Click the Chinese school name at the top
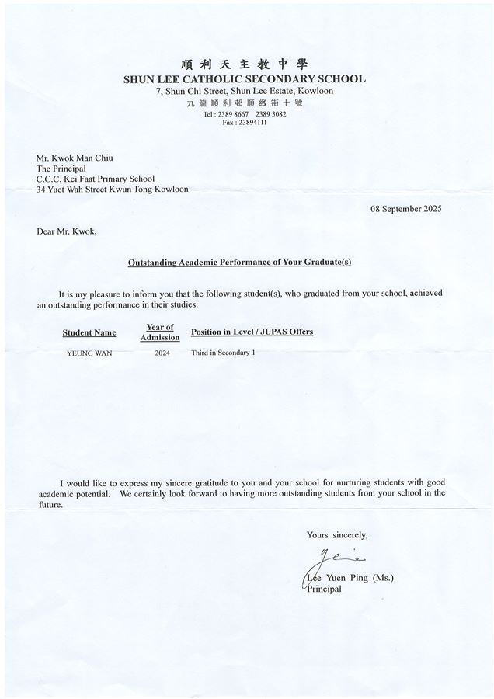pos(244,64)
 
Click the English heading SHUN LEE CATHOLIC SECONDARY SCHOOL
pos(244,78)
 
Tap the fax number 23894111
pos(244,123)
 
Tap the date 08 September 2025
pos(406,209)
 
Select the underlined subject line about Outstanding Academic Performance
pos(239,263)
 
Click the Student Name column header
pos(89,332)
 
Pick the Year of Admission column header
pos(160,332)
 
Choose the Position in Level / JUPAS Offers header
pos(252,332)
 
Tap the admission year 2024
pos(162,353)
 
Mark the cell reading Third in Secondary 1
pos(223,353)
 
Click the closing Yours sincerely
pos(336,534)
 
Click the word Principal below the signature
pos(322,589)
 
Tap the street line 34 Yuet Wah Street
pos(112,188)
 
